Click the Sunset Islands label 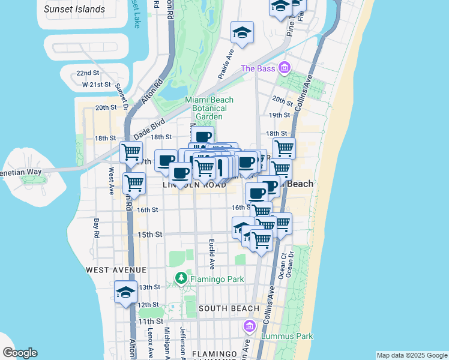(x=75, y=9)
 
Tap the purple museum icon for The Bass (x=285, y=68)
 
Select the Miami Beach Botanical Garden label (x=209, y=108)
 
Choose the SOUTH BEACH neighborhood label (x=229, y=308)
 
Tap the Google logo (x=20, y=353)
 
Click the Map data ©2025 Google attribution (x=411, y=355)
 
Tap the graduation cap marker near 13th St (x=126, y=292)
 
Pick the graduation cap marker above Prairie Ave (x=242, y=32)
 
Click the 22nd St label (x=87, y=73)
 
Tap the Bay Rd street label (x=96, y=229)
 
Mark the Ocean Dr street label (x=291, y=262)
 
